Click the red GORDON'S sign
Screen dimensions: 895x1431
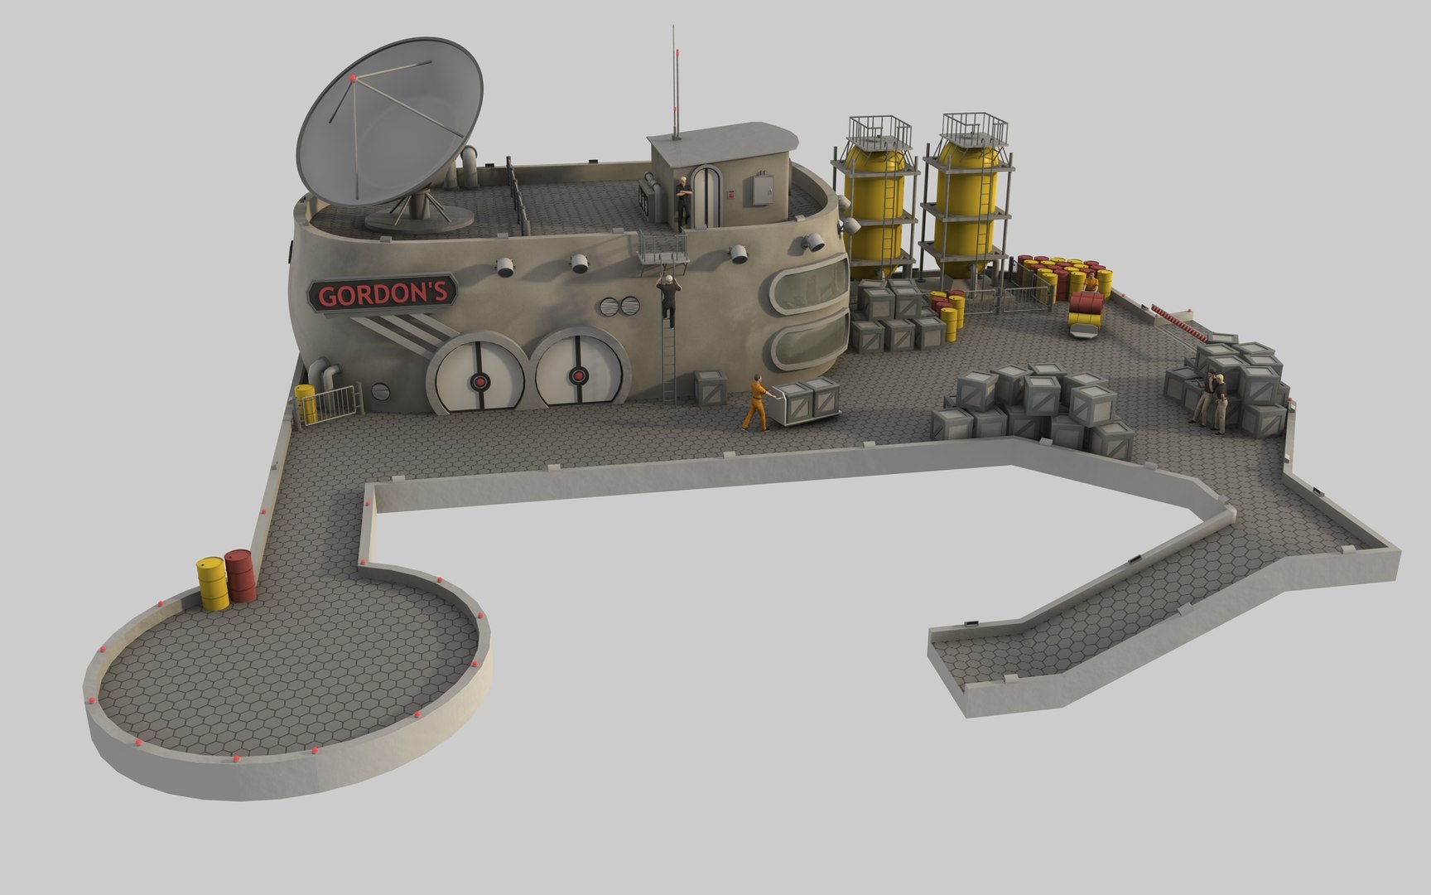point(383,294)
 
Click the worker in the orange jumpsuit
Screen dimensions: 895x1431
point(755,403)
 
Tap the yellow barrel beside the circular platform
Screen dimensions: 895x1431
point(211,582)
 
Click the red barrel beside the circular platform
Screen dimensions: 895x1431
point(240,575)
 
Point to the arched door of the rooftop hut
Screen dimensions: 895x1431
point(705,196)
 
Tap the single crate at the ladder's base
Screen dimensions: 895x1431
point(711,387)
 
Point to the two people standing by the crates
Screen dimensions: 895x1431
point(1211,401)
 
